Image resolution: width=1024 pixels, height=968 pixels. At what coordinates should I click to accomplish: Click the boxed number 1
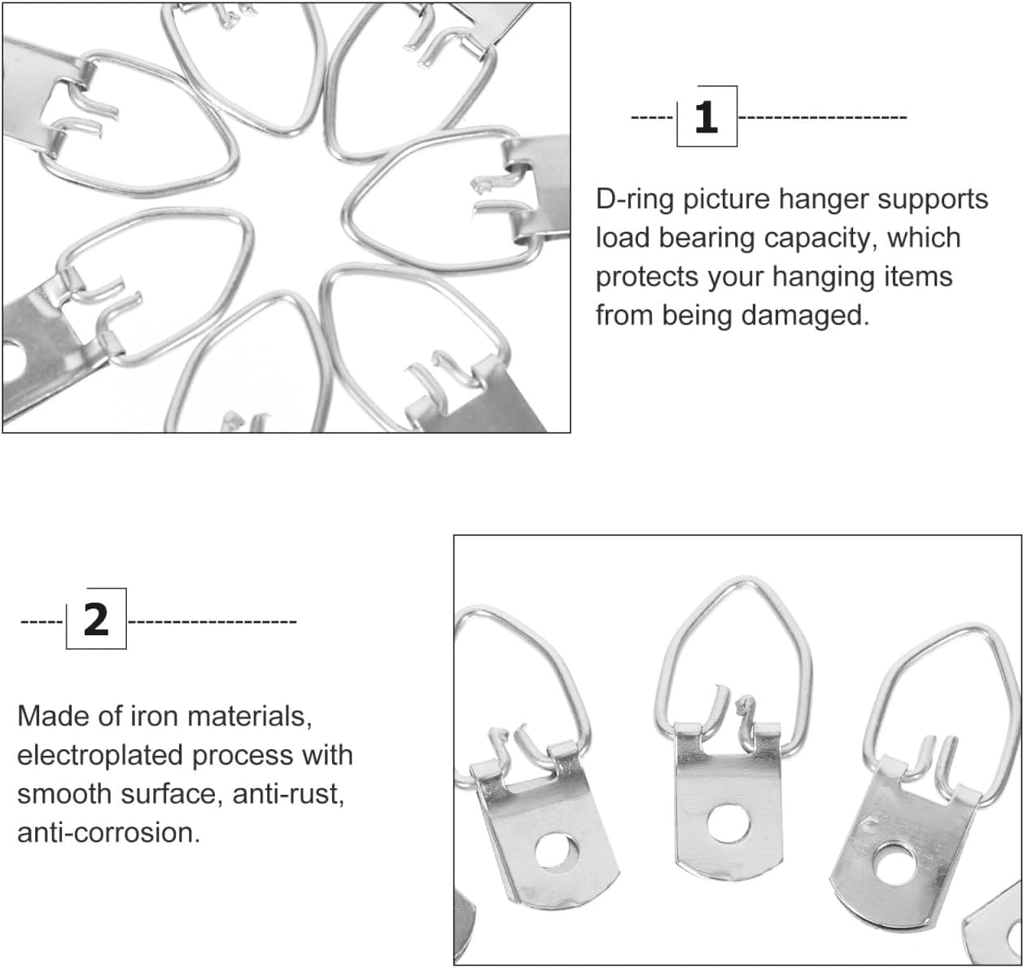(706, 117)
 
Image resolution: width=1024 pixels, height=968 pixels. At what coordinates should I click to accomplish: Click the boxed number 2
(96, 620)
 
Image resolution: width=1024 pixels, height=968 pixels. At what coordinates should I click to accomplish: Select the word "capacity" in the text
(818, 238)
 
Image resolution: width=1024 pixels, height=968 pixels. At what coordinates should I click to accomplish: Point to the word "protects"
(647, 277)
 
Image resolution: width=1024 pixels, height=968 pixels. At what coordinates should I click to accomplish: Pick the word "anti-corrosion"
(109, 833)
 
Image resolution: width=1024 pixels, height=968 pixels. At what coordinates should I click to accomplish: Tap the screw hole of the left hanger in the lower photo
(557, 852)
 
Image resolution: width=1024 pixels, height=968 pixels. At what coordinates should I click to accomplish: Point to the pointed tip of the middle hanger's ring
(746, 579)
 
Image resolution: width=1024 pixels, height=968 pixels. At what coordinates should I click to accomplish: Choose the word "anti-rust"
(289, 795)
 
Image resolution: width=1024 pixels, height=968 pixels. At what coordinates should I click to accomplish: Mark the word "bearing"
(707, 239)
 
